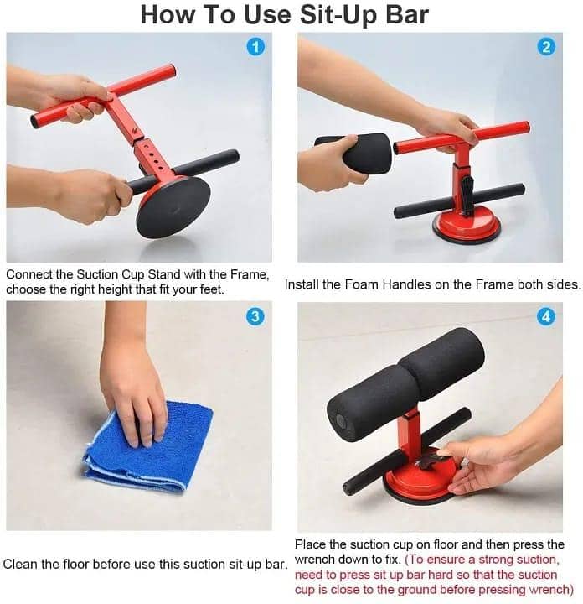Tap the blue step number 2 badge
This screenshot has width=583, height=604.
(x=546, y=48)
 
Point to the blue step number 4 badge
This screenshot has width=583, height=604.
(x=546, y=316)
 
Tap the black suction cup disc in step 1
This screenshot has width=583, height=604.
(x=173, y=206)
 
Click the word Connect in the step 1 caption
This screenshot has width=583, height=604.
(x=29, y=274)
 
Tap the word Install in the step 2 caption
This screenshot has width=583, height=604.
(x=301, y=284)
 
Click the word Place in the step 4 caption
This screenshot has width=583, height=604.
(x=312, y=544)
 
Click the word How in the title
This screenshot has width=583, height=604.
(x=164, y=14)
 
